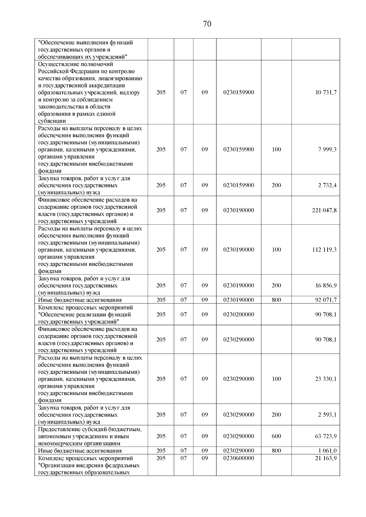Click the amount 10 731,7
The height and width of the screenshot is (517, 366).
point(326,92)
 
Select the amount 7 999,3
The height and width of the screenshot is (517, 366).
point(328,149)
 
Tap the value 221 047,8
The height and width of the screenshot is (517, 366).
point(324,210)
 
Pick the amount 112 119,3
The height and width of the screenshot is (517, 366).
point(324,250)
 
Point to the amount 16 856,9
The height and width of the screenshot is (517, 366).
point(326,285)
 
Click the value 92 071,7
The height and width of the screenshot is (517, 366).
point(326,300)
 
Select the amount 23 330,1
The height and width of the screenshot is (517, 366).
point(326,379)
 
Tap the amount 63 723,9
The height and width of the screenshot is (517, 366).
point(326,436)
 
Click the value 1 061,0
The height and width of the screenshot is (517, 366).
point(328,451)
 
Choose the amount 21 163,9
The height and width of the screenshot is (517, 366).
point(326,458)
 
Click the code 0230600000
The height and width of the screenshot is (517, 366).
point(239,458)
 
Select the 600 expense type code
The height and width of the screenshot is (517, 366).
point(276,436)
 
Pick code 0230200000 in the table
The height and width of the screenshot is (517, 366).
point(239,314)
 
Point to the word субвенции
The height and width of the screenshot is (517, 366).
point(52,121)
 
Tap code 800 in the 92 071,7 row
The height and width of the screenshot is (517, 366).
point(276,300)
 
